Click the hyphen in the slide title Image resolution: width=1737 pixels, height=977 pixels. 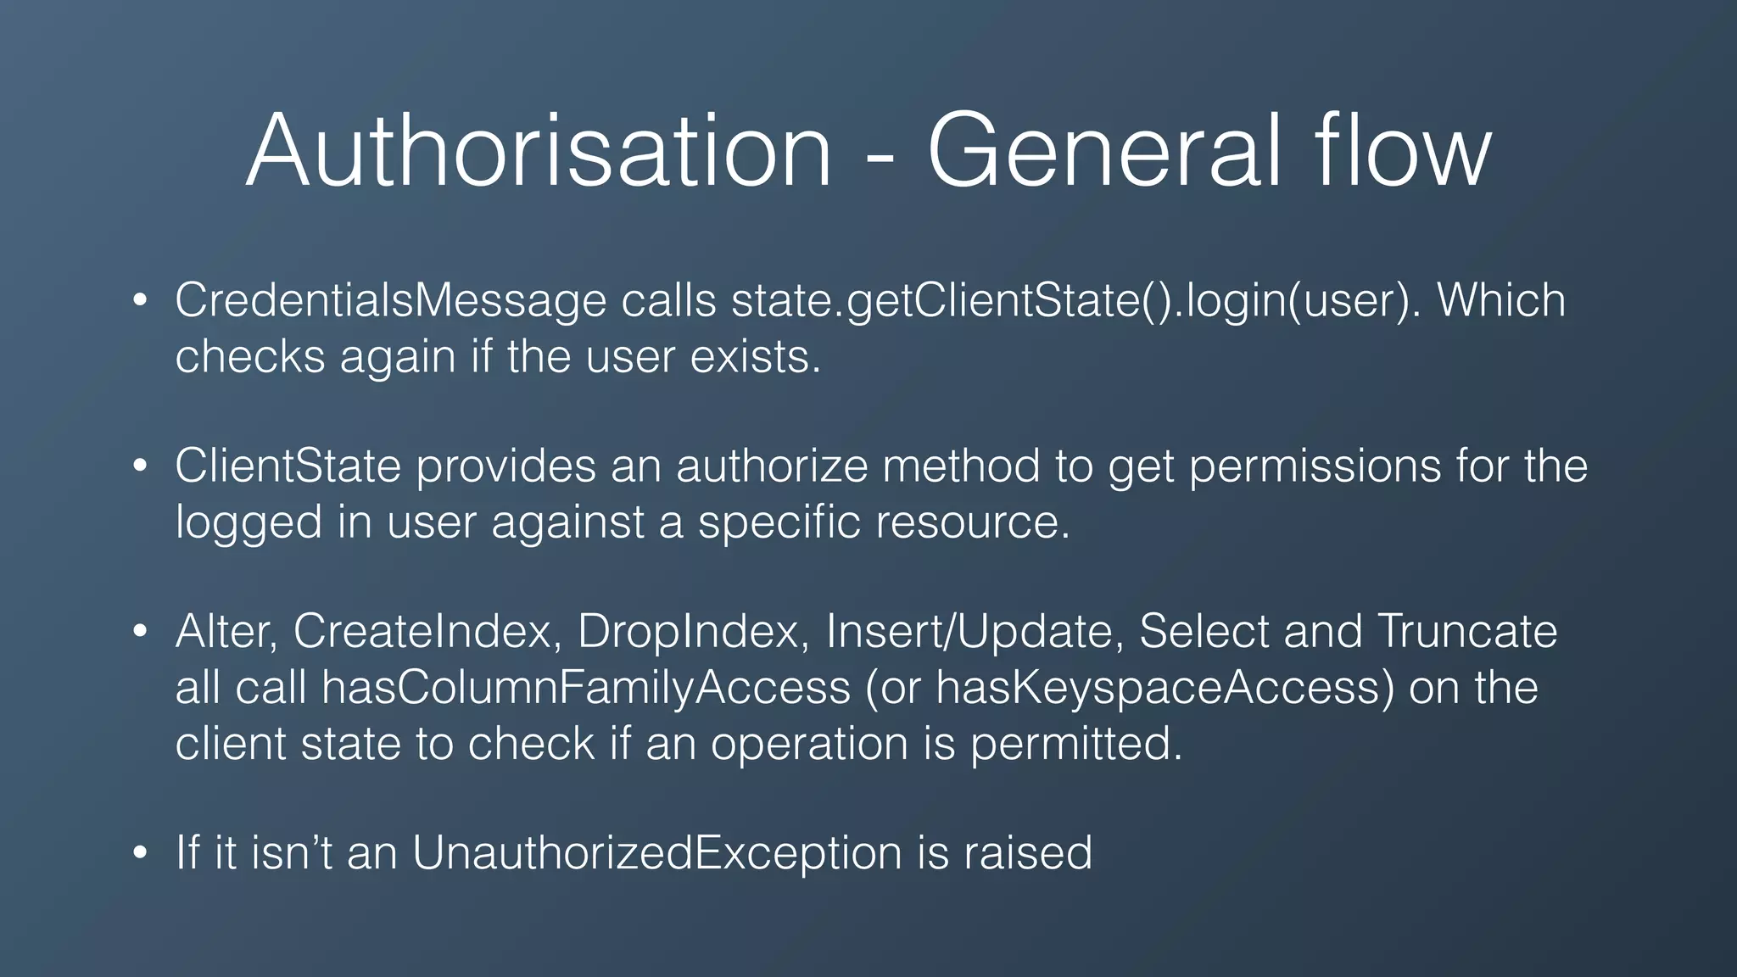click(880, 157)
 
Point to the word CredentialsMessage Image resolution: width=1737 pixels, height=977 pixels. click(391, 301)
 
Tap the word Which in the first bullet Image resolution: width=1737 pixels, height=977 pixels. click(1501, 301)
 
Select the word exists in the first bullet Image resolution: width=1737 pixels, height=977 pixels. click(755, 356)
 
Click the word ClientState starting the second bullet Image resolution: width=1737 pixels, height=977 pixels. click(288, 466)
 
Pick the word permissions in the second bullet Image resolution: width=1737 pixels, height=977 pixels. click(1315, 466)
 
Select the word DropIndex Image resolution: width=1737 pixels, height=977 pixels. click(692, 632)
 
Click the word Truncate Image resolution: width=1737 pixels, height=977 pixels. click(1467, 632)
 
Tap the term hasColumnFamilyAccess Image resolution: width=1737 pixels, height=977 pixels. click(586, 688)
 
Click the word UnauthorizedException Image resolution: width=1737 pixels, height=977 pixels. click(657, 853)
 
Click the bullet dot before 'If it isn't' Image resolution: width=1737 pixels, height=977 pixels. click(141, 853)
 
